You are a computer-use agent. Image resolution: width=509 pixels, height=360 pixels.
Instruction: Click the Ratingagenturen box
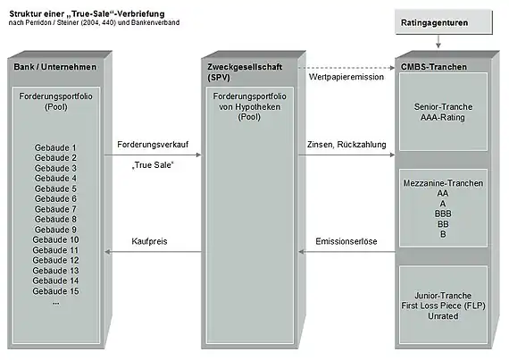coord(444,22)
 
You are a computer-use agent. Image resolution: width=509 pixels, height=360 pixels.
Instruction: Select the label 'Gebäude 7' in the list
coord(55,209)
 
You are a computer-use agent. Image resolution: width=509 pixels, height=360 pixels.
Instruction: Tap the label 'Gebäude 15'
coord(55,291)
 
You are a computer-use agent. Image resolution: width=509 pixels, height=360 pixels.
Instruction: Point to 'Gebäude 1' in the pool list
coord(55,147)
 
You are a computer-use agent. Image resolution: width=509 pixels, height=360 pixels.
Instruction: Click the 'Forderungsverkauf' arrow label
coord(153,145)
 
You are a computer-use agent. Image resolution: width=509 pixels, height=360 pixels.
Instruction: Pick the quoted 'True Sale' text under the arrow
coord(153,165)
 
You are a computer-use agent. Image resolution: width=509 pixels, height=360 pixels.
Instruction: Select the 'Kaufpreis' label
coord(149,241)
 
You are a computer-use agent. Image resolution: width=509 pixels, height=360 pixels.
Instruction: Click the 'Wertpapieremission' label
coord(346,77)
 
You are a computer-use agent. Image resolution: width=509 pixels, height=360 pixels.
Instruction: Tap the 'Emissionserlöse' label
coord(346,241)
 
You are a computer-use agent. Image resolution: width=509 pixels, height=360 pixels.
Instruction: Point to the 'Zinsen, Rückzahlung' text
coord(346,145)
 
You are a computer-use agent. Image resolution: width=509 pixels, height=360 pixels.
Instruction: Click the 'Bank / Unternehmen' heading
coord(54,67)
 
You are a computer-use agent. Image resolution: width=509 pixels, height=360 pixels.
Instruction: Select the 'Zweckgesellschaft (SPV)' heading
coord(245,72)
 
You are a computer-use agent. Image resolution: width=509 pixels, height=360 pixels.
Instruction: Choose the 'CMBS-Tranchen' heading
coord(434,67)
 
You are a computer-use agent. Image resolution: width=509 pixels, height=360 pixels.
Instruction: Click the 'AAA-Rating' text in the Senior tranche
coord(443,117)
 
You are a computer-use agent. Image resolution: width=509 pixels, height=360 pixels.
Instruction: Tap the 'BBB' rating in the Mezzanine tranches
coord(443,213)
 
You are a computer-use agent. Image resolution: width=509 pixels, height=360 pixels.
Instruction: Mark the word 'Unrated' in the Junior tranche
coord(443,316)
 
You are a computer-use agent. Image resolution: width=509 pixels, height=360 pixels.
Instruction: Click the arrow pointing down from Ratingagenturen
coord(438,42)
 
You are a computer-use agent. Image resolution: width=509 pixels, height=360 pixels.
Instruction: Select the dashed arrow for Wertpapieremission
coord(346,68)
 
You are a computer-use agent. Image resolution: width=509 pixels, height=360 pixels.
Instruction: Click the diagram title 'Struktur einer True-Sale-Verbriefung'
coord(87,14)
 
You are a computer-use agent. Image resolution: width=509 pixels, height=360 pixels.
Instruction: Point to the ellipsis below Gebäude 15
coord(56,303)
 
